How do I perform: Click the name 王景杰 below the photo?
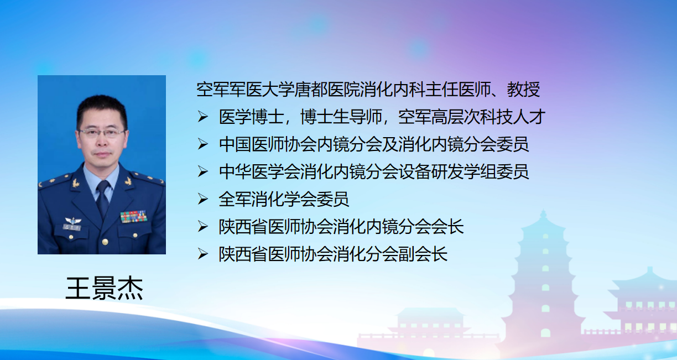click(x=105, y=288)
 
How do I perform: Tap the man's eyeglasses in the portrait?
click(x=102, y=133)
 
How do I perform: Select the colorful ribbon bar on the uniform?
click(x=134, y=217)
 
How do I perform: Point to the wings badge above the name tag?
click(x=72, y=220)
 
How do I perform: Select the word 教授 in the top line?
click(x=523, y=90)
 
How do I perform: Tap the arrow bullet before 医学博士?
click(x=203, y=117)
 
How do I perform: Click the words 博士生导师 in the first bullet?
click(x=341, y=117)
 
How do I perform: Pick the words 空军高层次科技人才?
click(x=471, y=117)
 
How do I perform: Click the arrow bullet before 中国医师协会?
click(x=203, y=144)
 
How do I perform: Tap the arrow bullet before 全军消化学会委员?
click(x=203, y=199)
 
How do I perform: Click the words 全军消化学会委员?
click(x=284, y=199)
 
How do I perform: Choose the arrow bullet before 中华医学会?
click(x=203, y=171)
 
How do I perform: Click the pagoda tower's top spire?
click(x=543, y=214)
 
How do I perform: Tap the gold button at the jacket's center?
click(x=105, y=242)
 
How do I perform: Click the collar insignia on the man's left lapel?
click(x=128, y=181)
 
